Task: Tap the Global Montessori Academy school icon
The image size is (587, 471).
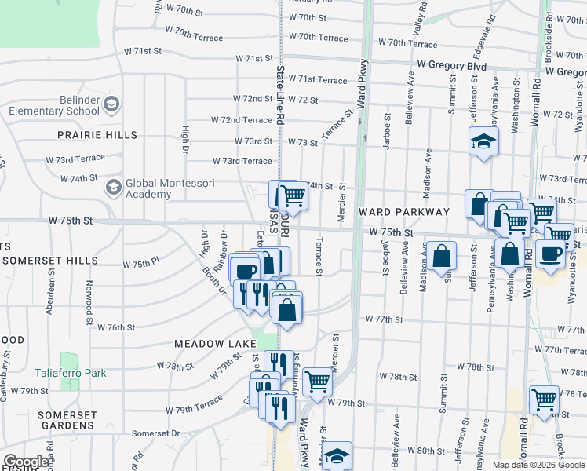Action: (113, 188)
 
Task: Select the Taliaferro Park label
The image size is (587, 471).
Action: (70, 374)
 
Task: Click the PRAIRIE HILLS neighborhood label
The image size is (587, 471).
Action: (97, 135)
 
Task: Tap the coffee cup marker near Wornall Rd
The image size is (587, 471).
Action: (552, 254)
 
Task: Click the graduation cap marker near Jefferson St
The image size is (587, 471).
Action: (483, 142)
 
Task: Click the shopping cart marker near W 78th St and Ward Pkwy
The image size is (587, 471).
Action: (317, 382)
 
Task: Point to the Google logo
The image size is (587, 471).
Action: (25, 462)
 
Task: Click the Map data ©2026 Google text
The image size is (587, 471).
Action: (538, 465)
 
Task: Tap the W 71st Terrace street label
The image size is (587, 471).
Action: (317, 80)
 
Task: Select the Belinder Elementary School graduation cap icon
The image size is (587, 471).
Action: (111, 104)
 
